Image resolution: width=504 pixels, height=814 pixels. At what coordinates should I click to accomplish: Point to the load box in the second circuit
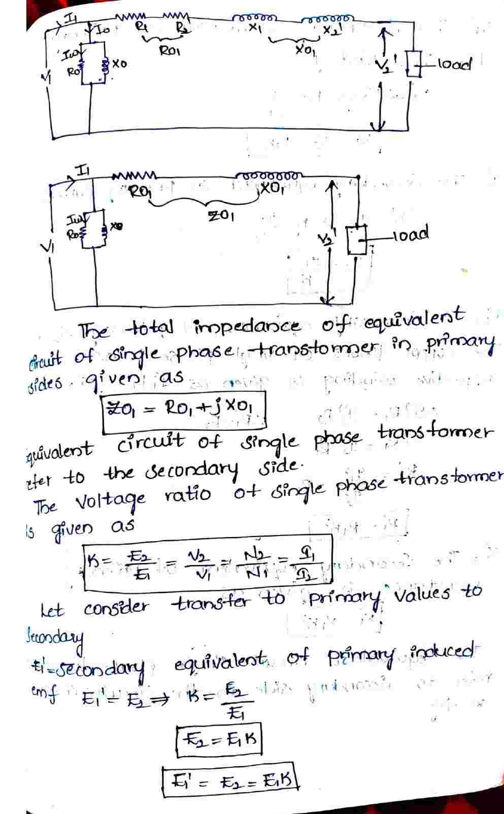tap(357, 240)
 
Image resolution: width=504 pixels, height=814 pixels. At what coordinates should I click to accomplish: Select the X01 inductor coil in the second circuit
tap(270, 175)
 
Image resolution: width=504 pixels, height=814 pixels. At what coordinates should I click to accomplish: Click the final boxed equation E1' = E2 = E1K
tap(229, 778)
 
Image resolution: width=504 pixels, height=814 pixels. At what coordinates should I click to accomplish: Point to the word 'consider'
tap(116, 607)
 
